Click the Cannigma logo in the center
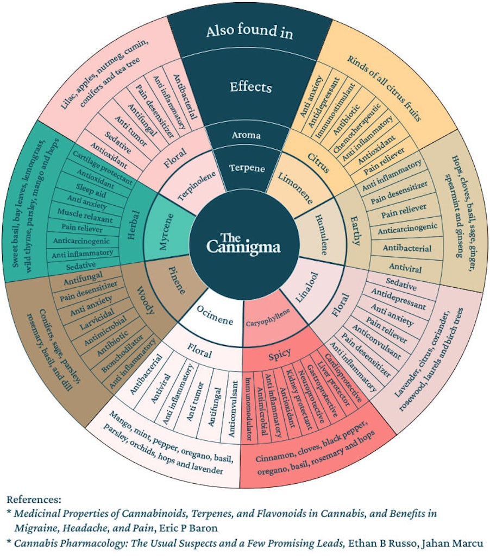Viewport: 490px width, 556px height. pyautogui.click(x=244, y=243)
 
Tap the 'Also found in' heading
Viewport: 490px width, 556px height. pyautogui.click(x=249, y=31)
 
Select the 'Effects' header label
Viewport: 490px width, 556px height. pyautogui.click(x=250, y=86)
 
